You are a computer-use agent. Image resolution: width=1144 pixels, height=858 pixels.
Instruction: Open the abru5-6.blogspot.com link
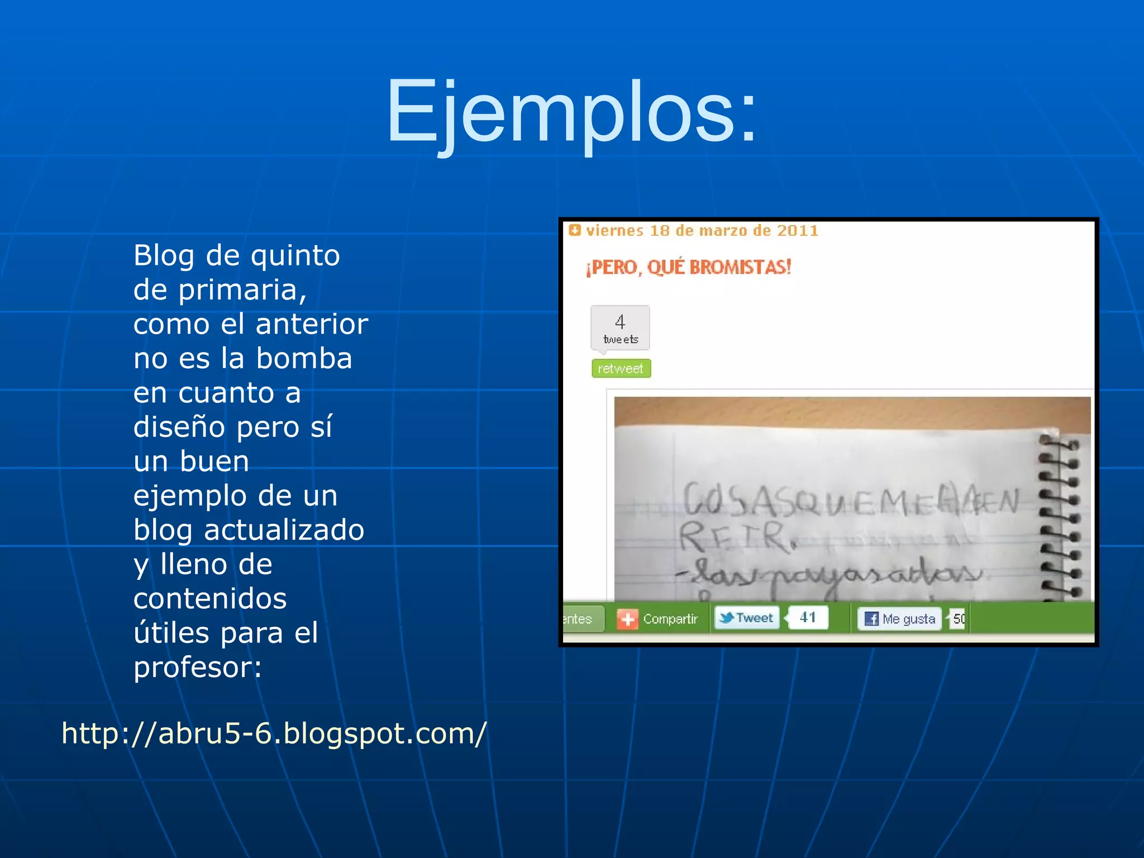(274, 733)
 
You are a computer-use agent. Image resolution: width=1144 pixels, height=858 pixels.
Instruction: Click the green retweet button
(621, 369)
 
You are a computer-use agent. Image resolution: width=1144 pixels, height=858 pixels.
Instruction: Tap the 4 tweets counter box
(620, 328)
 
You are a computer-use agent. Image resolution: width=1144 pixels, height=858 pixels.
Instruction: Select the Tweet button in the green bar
(747, 618)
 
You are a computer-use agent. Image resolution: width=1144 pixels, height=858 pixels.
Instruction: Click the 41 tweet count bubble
(808, 618)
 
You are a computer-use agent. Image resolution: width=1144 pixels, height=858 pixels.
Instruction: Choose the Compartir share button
(670, 619)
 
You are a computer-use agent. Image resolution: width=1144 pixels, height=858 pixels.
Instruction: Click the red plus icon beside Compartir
(627, 619)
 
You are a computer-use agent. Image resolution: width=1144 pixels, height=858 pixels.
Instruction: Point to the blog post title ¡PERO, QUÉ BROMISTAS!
(688, 267)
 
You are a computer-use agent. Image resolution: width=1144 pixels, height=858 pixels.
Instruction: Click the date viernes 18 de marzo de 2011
(702, 231)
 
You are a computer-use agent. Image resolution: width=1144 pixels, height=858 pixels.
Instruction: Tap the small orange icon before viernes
(574, 230)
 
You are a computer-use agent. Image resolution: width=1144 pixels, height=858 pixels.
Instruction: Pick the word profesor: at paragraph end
(197, 667)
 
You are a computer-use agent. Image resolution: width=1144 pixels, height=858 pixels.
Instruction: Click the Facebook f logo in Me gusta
(871, 619)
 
